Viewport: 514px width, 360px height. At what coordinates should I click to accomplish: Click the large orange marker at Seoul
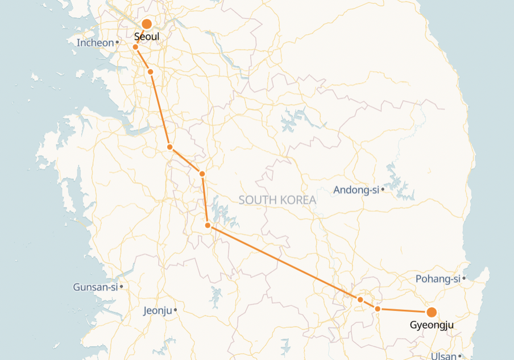[146, 24]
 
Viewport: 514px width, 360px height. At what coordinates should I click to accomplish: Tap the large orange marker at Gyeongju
[432, 312]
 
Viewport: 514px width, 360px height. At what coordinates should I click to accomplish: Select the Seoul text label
[146, 38]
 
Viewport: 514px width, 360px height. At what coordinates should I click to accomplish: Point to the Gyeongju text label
[432, 326]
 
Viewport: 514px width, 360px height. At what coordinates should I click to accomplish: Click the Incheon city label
[95, 43]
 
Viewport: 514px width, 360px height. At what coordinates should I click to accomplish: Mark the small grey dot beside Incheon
[117, 42]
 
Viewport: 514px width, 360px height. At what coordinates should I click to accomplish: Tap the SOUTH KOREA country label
[277, 200]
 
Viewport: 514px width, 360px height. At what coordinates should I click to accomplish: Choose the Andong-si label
[356, 190]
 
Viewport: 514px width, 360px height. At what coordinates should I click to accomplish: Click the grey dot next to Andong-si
[383, 189]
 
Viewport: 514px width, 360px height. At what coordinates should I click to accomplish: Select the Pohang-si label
[438, 279]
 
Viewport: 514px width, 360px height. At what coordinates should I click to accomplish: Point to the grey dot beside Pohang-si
[464, 278]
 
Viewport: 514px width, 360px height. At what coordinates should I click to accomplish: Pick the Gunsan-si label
[95, 287]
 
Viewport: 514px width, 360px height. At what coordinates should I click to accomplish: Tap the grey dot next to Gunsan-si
[121, 287]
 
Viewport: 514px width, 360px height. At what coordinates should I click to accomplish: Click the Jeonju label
[157, 311]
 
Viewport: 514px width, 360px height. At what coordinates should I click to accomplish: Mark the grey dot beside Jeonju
[175, 310]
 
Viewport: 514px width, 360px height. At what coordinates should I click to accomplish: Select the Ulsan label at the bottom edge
[443, 356]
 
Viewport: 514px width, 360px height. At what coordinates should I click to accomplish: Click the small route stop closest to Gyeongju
[378, 309]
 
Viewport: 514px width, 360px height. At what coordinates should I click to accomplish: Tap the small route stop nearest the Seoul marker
[135, 47]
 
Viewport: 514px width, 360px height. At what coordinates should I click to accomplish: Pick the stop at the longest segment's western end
[208, 226]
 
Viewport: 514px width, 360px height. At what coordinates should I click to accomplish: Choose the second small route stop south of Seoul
[150, 72]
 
